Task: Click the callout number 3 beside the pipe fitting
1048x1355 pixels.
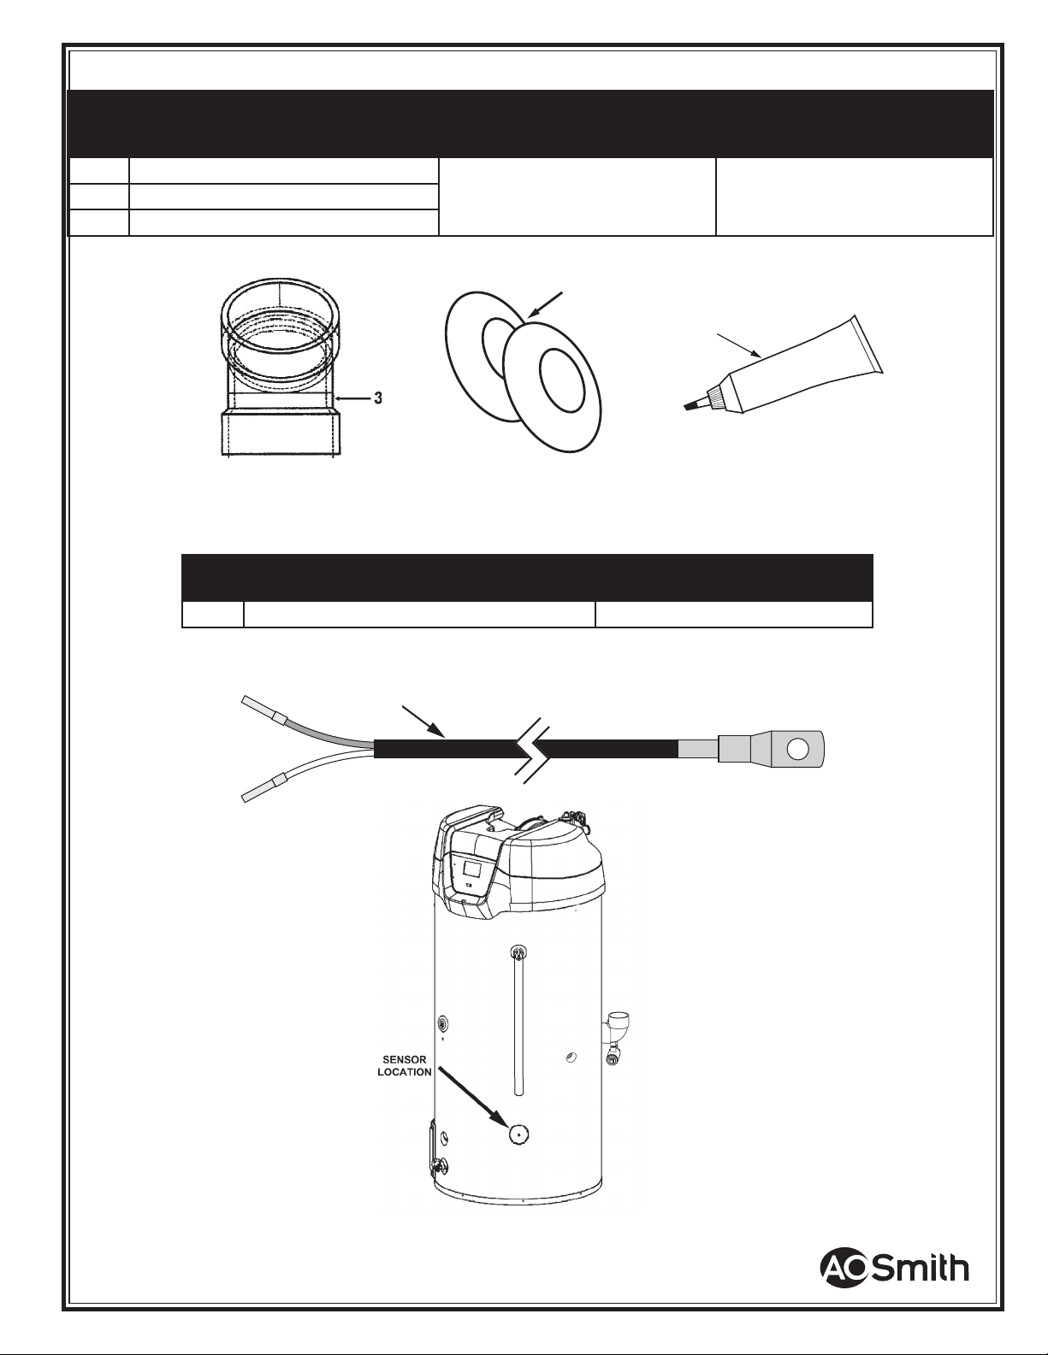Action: (378, 398)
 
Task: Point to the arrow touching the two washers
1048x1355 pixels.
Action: (545, 306)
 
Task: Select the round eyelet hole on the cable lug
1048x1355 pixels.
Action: (798, 748)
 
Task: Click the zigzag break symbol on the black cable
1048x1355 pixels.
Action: (532, 749)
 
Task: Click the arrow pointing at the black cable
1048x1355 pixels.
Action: (423, 722)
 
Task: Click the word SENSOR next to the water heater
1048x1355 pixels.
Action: (404, 1060)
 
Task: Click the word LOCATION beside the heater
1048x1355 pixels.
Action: (404, 1073)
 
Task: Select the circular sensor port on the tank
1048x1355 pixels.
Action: (518, 1135)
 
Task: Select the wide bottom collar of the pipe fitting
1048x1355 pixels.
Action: (281, 432)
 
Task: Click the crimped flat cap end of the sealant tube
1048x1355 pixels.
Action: (867, 345)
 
